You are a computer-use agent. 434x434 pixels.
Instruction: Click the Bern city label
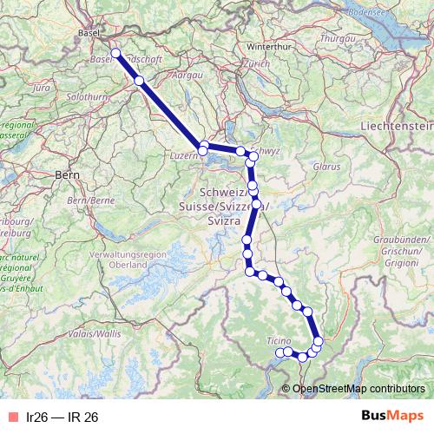[67, 174]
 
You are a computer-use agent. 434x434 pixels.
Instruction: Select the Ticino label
[279, 339]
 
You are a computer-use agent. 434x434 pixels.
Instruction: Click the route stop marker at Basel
[115, 53]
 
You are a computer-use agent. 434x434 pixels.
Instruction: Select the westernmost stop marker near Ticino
[279, 352]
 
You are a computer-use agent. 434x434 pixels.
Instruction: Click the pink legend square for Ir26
[11, 417]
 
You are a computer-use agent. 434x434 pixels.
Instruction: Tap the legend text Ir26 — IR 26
[62, 417]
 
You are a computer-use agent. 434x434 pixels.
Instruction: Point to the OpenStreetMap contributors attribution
[358, 388]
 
